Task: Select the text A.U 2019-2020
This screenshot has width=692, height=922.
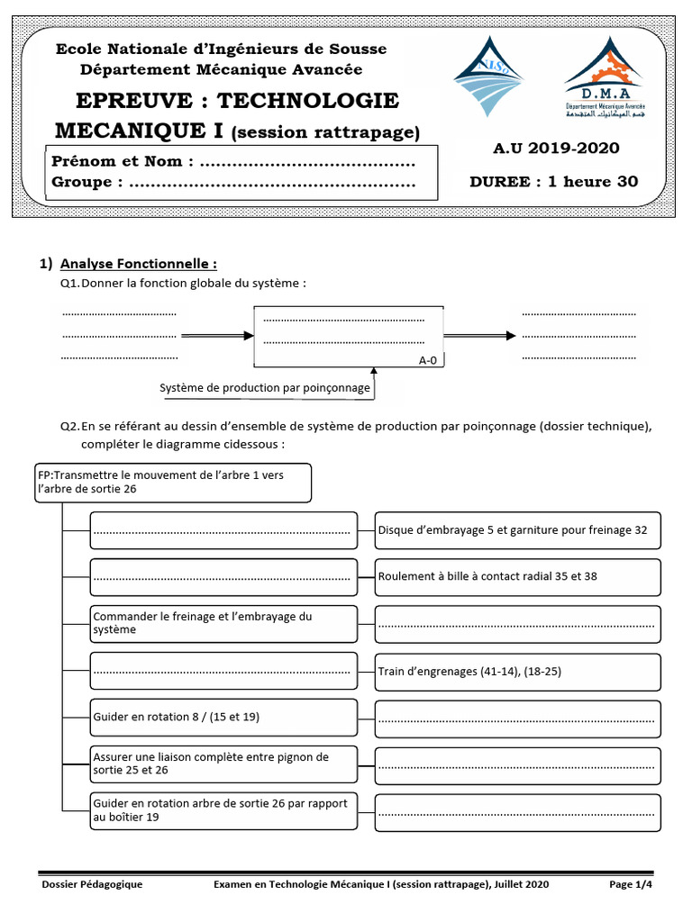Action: [x=556, y=149]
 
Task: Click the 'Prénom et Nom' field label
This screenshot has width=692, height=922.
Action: [x=123, y=162]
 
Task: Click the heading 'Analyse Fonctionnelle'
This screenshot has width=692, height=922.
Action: [x=138, y=264]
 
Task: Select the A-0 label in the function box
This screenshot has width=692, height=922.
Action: [x=428, y=360]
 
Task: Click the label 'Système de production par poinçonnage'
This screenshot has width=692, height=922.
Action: [x=265, y=388]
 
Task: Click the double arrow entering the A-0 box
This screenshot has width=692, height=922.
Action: [x=217, y=335]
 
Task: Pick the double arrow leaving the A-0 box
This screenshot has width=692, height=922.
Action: [x=479, y=335]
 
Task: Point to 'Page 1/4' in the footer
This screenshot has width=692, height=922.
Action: [x=630, y=885]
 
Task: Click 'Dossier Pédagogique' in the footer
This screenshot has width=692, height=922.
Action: [x=93, y=885]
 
